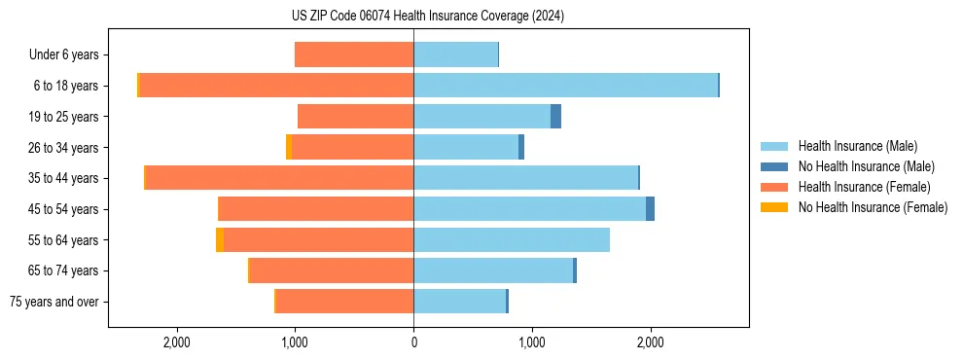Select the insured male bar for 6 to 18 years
coord(565,86)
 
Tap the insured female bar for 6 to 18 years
coord(276,86)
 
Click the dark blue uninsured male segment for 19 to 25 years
coord(555,117)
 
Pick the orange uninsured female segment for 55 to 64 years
coord(220,239)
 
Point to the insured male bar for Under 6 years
coord(455,54)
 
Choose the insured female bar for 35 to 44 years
coord(279,178)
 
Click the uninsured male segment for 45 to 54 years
coord(650,209)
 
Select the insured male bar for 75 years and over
coord(459,302)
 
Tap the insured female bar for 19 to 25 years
coord(355,117)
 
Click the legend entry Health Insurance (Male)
coord(857,146)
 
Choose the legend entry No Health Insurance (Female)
coord(873,207)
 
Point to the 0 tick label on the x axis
coord(413,342)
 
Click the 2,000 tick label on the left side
coord(176,342)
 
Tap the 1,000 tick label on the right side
coord(532,342)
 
